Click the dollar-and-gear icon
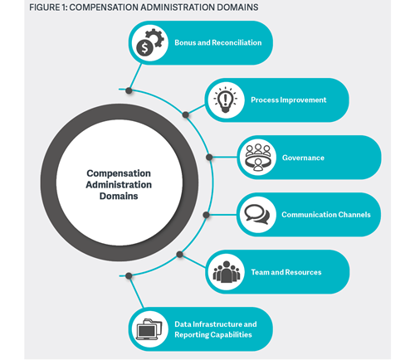150,42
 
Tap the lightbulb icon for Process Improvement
225,100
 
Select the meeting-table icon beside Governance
258,158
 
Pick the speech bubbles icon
257,214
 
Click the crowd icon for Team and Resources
226,272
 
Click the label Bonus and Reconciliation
218,42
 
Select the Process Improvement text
289,100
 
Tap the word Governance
303,158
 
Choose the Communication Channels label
326,215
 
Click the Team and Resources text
286,272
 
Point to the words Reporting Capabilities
213,334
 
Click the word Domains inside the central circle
119,196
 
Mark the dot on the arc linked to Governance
209,158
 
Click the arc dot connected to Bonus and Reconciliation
129,90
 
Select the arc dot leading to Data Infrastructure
129,275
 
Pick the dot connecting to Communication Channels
206,215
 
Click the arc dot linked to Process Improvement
186,114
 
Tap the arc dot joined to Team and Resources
179,255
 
